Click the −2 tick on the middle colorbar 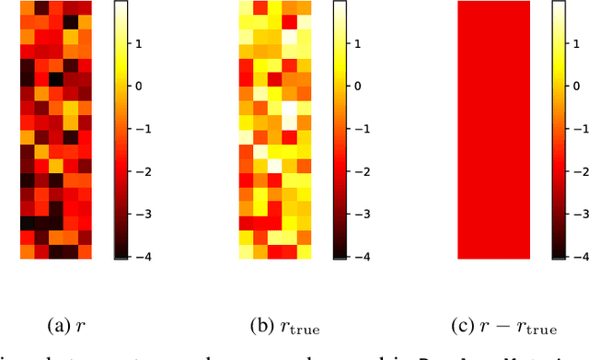pos(370,171)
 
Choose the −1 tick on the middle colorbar pos(370,129)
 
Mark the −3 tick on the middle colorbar pos(370,214)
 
